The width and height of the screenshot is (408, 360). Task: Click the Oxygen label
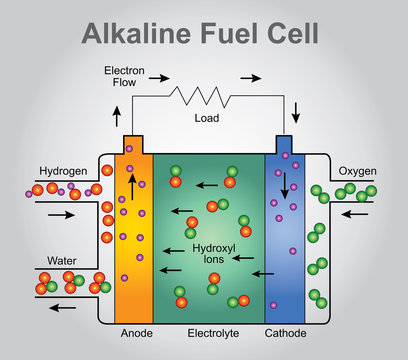click(357, 170)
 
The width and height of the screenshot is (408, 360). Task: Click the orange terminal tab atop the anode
click(134, 144)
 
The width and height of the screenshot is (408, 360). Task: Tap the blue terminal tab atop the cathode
click(284, 144)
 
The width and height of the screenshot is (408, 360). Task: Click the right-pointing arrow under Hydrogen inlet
click(61, 214)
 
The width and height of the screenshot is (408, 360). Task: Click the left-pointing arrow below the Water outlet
click(62, 308)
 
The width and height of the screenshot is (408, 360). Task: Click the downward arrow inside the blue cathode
click(285, 187)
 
